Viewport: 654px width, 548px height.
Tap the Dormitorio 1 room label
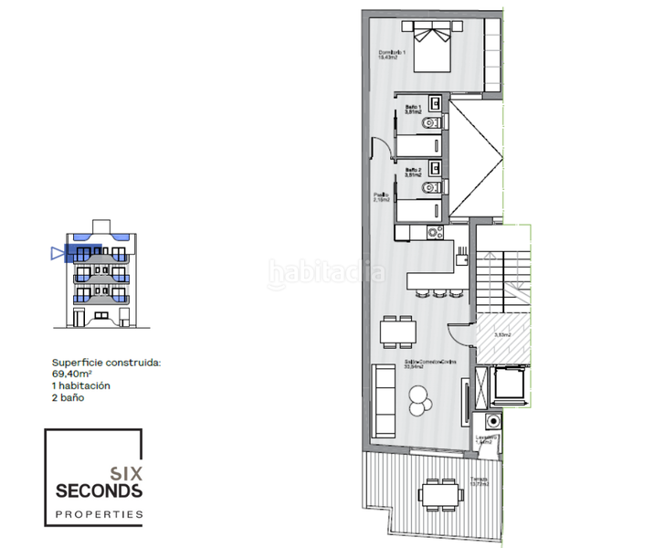click(394, 54)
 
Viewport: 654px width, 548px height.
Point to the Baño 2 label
click(413, 171)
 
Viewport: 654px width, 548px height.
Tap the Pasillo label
click(380, 196)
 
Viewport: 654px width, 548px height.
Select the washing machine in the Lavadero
click(493, 423)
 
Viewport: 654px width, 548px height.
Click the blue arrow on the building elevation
click(58, 254)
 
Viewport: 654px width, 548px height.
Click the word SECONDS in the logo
click(99, 490)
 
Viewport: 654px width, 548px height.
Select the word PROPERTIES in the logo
click(99, 514)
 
